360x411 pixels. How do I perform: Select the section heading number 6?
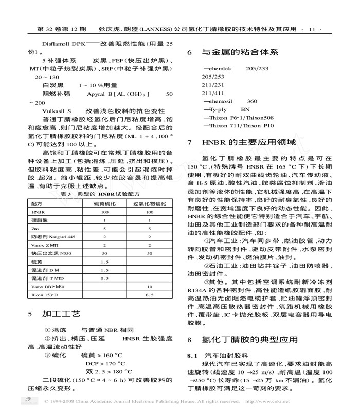click(x=189, y=52)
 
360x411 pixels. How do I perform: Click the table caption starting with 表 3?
click(x=100, y=194)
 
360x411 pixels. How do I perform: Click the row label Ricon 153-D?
click(x=45, y=294)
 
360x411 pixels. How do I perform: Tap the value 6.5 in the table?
click(x=150, y=294)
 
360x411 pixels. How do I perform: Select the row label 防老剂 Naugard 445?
click(x=52, y=236)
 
